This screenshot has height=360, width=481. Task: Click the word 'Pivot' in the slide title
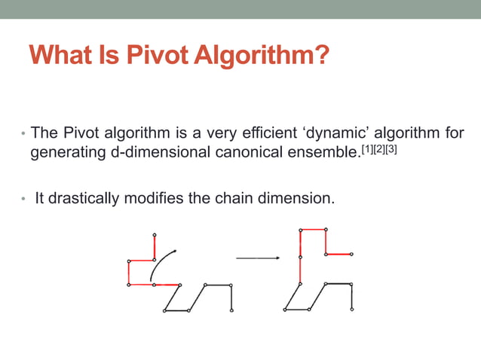point(155,55)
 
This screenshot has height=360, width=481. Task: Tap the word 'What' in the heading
point(62,55)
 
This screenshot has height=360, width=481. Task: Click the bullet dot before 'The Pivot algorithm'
point(23,134)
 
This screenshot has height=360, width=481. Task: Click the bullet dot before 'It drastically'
point(23,200)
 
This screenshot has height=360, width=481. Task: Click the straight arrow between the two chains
point(258,258)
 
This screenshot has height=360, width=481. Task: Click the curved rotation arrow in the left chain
point(161,264)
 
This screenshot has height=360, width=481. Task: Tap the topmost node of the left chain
point(155,235)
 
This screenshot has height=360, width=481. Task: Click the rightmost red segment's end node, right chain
point(351,255)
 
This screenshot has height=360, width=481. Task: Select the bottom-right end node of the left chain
point(231,310)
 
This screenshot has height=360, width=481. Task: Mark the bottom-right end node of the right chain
point(351,310)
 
